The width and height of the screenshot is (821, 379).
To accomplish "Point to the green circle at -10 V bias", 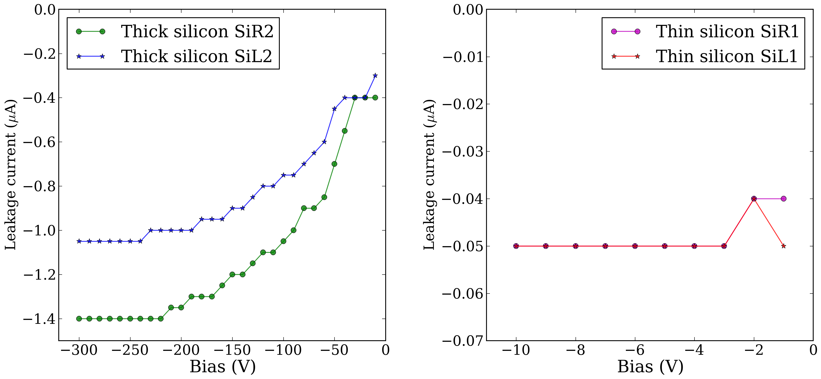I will [375, 97].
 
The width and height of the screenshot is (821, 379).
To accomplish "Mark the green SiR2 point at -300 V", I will [79, 318].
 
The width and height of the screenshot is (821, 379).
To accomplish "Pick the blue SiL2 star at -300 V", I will [79, 241].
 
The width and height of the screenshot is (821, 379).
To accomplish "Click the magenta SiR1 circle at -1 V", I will [783, 199].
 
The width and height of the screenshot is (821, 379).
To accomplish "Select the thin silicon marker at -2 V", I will [754, 199].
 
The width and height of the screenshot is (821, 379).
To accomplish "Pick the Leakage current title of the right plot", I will [429, 175].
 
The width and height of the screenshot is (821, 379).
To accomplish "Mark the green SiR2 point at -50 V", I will [334, 164].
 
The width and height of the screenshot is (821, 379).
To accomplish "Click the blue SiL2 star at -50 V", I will [334, 109].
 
